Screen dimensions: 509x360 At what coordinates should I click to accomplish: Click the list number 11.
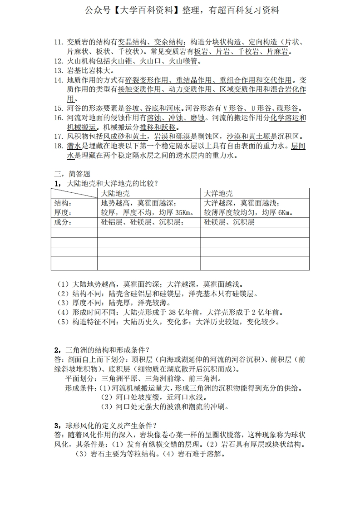point(58,43)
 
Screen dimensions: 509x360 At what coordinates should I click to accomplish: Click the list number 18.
point(58,146)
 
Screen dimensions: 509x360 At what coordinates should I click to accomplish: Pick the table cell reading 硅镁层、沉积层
point(229,222)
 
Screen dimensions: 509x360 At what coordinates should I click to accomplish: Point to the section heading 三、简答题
point(72,174)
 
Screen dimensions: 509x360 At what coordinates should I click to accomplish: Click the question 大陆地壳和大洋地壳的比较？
point(112,183)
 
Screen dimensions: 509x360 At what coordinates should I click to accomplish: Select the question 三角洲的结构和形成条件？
point(108,349)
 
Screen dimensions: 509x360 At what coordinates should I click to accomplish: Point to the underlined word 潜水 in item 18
point(74,146)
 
